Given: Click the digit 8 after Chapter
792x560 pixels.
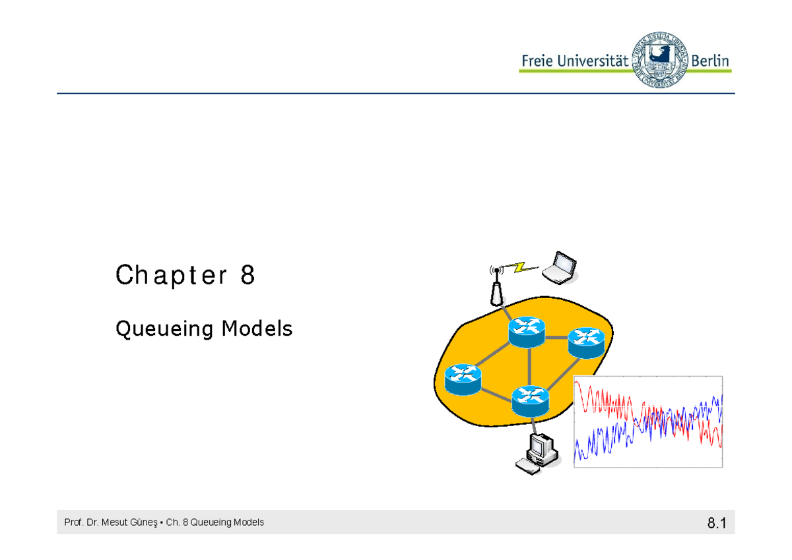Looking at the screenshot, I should tap(247, 275).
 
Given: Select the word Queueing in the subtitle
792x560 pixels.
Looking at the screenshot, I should tap(165, 328).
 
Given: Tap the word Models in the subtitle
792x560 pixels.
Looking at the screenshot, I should tap(257, 328).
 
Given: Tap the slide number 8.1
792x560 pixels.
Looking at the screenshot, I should tap(715, 524).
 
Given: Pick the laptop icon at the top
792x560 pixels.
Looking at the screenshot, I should tap(559, 268).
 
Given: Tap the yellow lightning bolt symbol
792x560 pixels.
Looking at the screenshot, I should tap(520, 266).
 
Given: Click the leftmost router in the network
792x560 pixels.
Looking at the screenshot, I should tap(463, 379).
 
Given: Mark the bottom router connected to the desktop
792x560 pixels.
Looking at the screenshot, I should tap(530, 400).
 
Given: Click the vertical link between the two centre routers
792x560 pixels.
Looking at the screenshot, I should tap(529, 365).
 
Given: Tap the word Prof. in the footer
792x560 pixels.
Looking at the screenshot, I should tap(72, 522).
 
